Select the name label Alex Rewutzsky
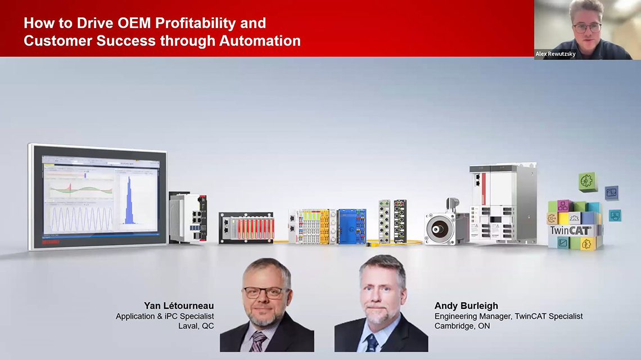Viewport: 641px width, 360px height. [556, 54]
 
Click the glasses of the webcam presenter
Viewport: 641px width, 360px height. [587, 27]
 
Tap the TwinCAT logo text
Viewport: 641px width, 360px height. [570, 231]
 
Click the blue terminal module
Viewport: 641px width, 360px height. [352, 226]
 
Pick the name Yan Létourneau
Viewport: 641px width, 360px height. [179, 306]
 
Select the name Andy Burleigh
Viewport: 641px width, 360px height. [466, 306]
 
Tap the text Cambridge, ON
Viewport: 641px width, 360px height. [462, 326]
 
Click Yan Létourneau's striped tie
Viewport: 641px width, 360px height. [258, 341]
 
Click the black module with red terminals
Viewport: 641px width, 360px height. [246, 228]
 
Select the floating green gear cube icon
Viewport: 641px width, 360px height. [588, 181]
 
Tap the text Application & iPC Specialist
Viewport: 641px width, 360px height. [165, 316]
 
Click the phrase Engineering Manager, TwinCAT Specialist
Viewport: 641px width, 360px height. [508, 316]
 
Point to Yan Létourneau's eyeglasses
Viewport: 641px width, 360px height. [264, 292]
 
